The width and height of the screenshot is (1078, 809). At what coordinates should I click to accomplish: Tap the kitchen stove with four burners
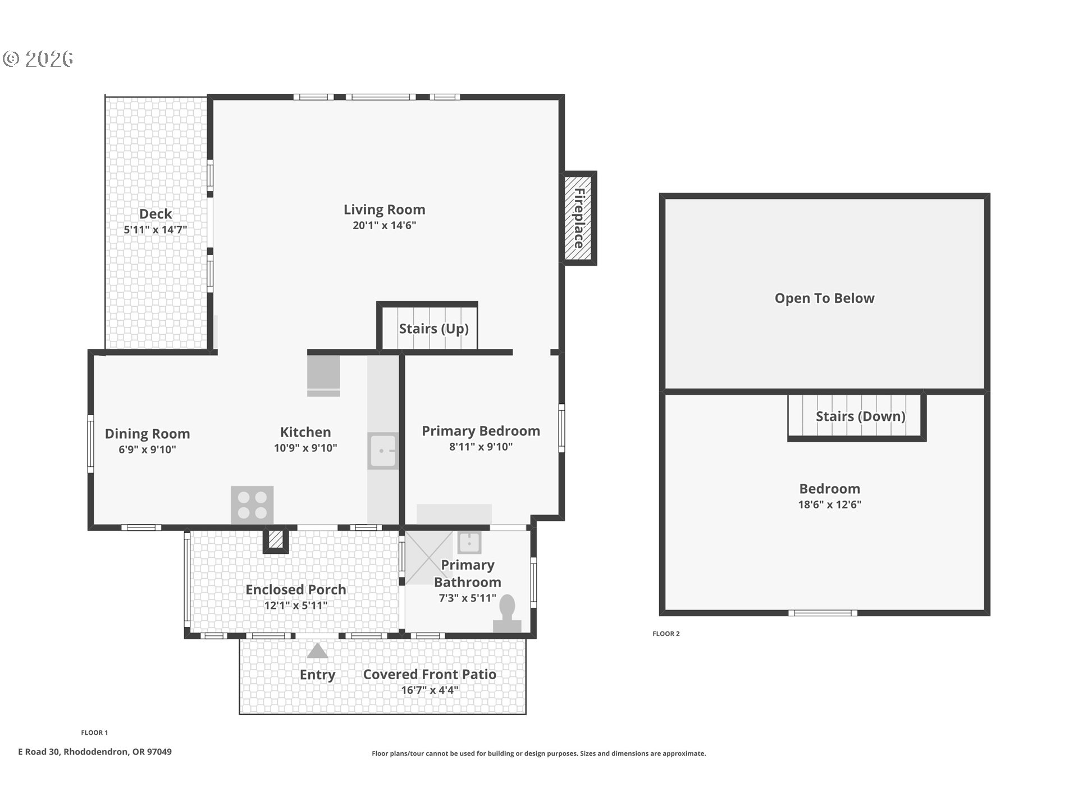[x=252, y=505]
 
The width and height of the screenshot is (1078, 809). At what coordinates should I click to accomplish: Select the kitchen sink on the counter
[x=382, y=451]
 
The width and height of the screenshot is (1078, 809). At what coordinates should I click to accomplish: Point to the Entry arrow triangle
[x=317, y=651]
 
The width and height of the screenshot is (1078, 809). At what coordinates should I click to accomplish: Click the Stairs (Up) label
[x=433, y=329]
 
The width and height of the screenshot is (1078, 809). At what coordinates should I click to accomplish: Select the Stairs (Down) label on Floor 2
[x=860, y=416]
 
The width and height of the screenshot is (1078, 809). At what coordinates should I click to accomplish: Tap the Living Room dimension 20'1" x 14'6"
[x=384, y=225]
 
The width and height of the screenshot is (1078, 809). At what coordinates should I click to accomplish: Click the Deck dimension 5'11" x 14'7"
[x=156, y=229]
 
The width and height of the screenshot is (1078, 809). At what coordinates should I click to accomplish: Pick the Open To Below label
[x=824, y=298]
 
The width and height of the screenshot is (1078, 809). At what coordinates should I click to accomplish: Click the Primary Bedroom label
[x=481, y=431]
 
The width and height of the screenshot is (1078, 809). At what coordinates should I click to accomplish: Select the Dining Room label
[x=147, y=434]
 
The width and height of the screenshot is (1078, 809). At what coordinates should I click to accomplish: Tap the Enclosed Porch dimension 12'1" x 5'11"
[x=295, y=605]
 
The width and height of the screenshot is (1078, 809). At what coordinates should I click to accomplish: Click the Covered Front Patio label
[x=430, y=674]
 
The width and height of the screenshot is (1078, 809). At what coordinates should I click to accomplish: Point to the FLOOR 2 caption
[x=666, y=634]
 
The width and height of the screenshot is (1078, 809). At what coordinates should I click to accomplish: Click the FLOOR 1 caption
[x=94, y=733]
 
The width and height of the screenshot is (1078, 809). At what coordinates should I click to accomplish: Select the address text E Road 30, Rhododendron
[x=95, y=752]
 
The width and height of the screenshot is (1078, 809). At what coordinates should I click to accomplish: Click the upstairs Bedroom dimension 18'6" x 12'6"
[x=829, y=505]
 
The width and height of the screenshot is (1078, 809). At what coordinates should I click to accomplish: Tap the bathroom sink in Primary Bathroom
[x=469, y=543]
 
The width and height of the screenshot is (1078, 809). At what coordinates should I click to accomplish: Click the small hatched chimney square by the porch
[x=276, y=540]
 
